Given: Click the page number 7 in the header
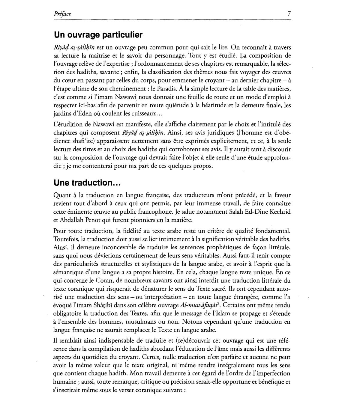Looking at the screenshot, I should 289,14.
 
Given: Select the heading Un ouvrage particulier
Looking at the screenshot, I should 98,35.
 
